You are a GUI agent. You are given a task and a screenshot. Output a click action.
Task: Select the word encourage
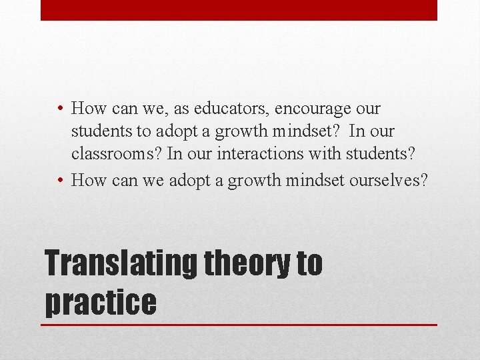tap(311, 108)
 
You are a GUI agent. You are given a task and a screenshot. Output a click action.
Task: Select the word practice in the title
tap(100, 302)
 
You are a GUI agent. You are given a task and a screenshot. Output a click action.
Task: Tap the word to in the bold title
tap(309, 263)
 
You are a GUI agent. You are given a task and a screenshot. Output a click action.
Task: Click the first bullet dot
tap(60, 108)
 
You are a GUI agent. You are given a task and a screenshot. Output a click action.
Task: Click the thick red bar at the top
tap(239, 10)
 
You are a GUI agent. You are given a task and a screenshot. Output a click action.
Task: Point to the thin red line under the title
tap(239, 325)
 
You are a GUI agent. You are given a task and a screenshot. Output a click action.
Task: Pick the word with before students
tap(327, 154)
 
